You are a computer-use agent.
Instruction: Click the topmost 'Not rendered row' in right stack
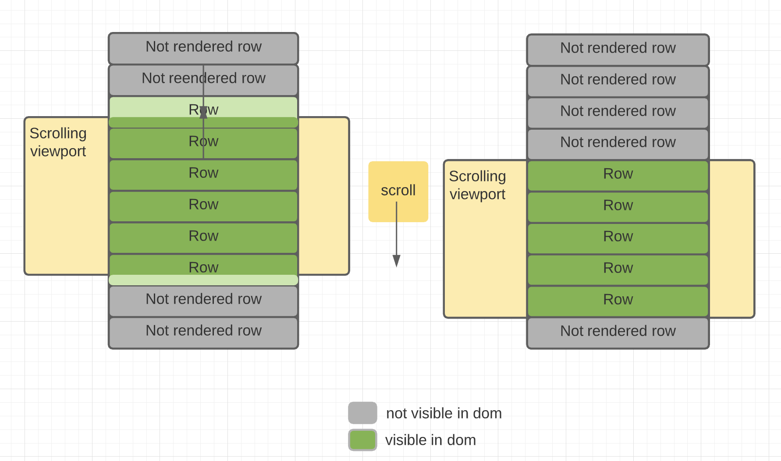[618, 48]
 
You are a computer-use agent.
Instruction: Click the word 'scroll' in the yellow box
[398, 191]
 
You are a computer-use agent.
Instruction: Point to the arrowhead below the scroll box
[396, 261]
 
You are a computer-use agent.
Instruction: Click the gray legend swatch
[362, 413]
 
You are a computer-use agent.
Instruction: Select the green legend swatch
[362, 440]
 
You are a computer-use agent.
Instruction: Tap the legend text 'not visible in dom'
[444, 413]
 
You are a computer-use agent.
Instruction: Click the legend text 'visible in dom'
[430, 440]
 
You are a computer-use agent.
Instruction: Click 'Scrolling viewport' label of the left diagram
[58, 142]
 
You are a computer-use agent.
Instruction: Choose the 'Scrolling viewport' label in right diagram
[477, 185]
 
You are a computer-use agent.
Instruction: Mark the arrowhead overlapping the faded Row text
[203, 113]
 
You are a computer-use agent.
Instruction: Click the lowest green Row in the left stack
[203, 266]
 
